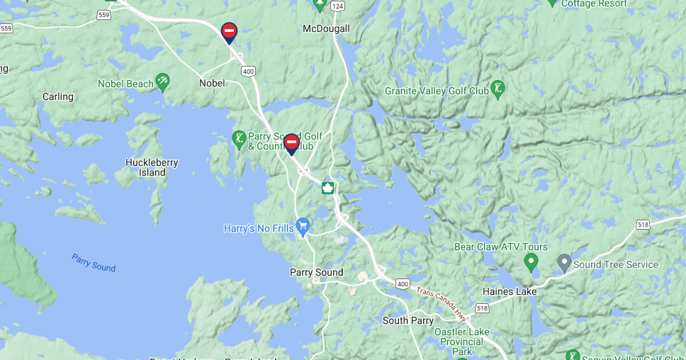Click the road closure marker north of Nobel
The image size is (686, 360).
tap(229, 32)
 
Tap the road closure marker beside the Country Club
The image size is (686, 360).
tap(291, 144)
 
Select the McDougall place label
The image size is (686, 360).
tap(326, 28)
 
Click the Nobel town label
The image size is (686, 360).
tap(212, 83)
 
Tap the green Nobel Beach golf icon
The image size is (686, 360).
tap(162, 81)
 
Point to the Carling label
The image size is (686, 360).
tap(57, 96)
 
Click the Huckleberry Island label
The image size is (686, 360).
tap(152, 167)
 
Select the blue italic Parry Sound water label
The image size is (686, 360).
tap(94, 262)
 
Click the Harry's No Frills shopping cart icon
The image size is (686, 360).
tap(303, 227)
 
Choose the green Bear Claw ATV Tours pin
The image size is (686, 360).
tap(531, 263)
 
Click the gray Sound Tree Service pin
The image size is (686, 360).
tap(564, 263)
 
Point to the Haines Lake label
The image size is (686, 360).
tap(509, 291)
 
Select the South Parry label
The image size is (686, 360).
tap(407, 320)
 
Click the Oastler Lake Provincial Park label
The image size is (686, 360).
tap(461, 341)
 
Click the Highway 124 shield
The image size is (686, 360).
tap(337, 6)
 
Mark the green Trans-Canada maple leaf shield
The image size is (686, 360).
tap(327, 188)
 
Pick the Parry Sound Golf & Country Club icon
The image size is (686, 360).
tap(240, 137)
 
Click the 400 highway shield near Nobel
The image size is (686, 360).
tap(248, 71)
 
